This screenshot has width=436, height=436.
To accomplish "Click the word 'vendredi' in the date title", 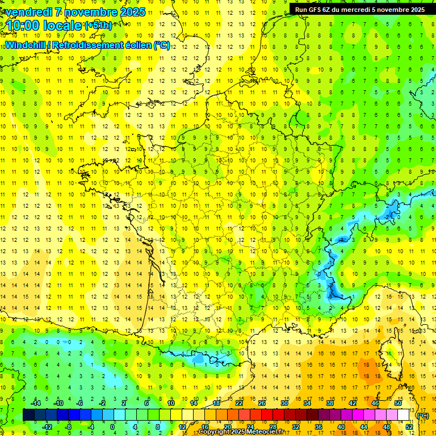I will (x=28, y=12).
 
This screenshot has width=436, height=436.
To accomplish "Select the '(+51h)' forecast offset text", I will (x=98, y=25).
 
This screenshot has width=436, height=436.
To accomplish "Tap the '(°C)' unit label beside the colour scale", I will (x=422, y=416).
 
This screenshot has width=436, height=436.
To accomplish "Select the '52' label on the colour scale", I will (x=409, y=427).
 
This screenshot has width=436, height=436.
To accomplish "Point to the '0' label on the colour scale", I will (x=112, y=427).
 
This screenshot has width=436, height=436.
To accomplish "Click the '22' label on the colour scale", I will (x=239, y=403).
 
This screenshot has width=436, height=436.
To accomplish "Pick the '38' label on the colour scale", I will (x=329, y=403).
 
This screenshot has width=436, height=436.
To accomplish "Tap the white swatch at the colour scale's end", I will (x=404, y=415).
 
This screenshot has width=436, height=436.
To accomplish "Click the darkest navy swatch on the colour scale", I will (x=28, y=415).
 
